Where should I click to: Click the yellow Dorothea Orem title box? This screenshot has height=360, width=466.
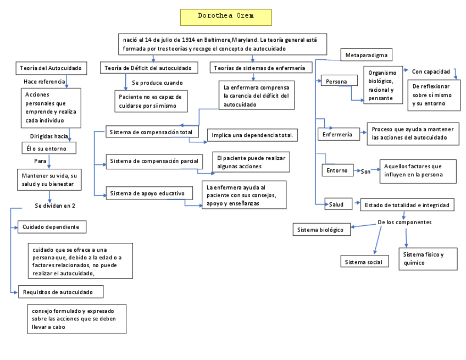point(225,16)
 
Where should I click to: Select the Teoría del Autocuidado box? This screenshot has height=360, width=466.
point(51,68)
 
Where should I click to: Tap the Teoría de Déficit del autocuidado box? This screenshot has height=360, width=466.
point(148,68)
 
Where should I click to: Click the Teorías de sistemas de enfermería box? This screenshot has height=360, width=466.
point(261,68)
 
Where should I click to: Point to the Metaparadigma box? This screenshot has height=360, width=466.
point(367,55)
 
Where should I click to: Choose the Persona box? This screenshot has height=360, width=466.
point(336,81)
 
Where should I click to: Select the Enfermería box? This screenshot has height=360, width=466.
point(337,134)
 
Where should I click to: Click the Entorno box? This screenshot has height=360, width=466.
point(337,170)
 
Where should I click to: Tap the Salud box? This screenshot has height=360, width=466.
point(337,204)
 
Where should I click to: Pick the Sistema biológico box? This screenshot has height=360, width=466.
point(321,230)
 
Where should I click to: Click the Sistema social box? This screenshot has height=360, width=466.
point(363,262)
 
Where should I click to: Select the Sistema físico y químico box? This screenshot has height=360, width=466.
point(428,258)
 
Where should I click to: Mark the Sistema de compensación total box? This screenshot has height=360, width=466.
point(147,132)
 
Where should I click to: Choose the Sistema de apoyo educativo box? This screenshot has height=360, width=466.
point(149,193)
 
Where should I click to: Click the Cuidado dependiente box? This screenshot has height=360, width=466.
point(52,226)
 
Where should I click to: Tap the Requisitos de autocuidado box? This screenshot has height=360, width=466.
point(60,292)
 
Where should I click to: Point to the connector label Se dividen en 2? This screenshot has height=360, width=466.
point(55,206)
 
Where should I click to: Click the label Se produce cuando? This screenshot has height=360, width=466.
point(157,83)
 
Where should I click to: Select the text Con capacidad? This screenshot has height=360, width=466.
point(431,71)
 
